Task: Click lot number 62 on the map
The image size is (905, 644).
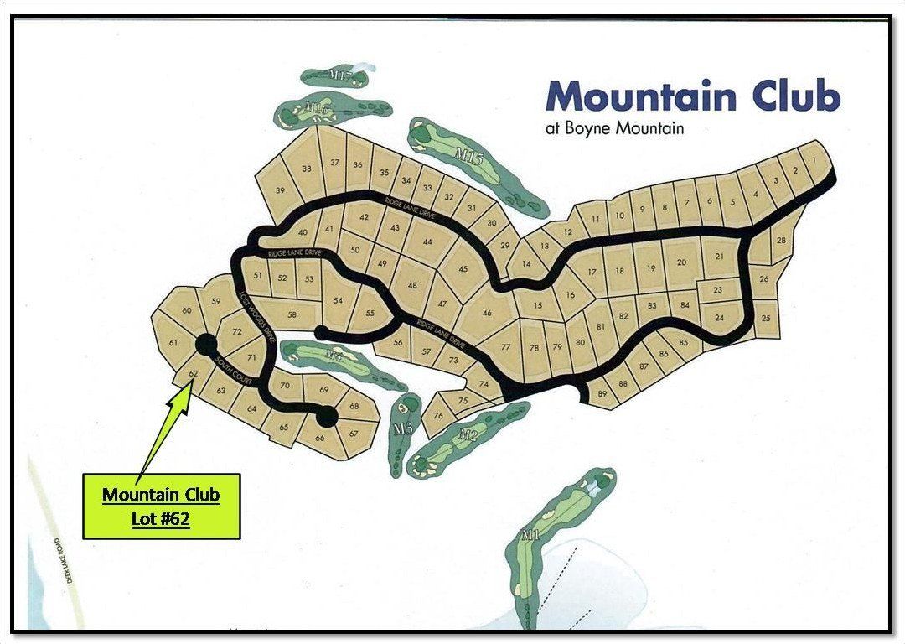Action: click(193, 372)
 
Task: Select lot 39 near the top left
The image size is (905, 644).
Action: click(280, 190)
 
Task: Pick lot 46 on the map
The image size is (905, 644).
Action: click(487, 314)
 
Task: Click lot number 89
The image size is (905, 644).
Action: click(602, 393)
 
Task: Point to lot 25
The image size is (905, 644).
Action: click(765, 319)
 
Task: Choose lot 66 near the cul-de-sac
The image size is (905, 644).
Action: click(319, 437)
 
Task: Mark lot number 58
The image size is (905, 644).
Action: click(292, 314)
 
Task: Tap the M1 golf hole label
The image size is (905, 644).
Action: click(529, 534)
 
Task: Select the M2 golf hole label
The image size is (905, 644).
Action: click(468, 434)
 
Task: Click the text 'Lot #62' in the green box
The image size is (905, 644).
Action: click(160, 519)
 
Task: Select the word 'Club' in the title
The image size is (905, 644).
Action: click(795, 96)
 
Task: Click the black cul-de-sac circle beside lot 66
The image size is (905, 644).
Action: click(327, 416)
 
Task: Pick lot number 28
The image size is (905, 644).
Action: click(781, 241)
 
